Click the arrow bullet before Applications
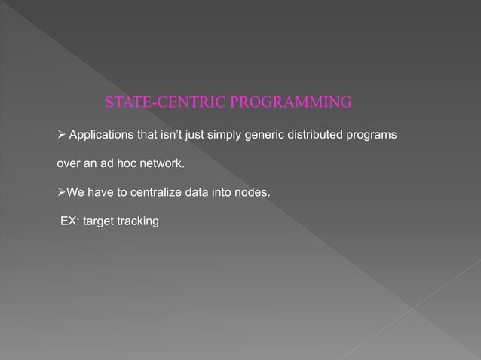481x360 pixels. [62, 135]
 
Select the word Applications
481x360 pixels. [102, 135]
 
